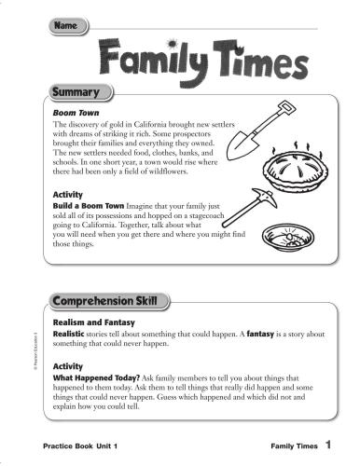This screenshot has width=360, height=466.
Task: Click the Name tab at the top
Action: coord(67,28)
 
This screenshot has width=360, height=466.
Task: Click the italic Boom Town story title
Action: coord(76,112)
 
